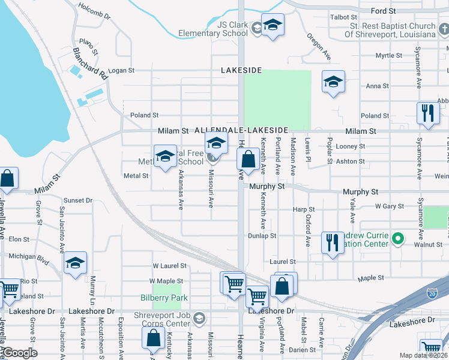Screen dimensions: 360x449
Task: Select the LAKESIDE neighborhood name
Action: tap(241, 70)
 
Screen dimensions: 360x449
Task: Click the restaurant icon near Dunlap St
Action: tap(332, 243)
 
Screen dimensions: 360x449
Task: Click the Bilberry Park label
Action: tap(164, 298)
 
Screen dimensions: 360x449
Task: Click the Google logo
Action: tap(20, 353)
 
